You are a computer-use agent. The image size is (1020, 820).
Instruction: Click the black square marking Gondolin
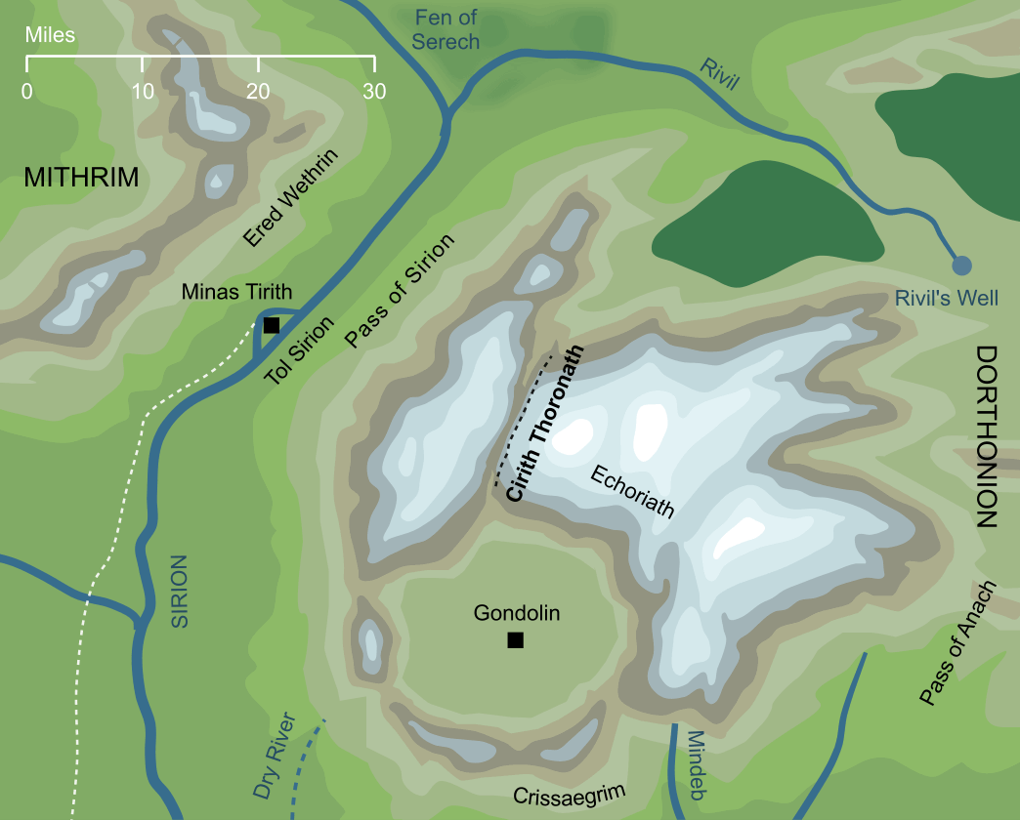(x=515, y=640)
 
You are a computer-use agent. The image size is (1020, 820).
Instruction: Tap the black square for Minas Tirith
(x=272, y=325)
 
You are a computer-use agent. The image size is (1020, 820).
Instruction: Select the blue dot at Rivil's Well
(x=961, y=265)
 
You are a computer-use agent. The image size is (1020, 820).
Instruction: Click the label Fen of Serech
(x=446, y=29)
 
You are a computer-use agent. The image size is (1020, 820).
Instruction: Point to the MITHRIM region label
(x=81, y=178)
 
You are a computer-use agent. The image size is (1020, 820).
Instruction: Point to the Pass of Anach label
(x=956, y=643)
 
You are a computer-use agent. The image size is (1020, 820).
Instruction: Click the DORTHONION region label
(x=987, y=436)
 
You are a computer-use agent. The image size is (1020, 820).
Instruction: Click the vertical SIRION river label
(x=178, y=591)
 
